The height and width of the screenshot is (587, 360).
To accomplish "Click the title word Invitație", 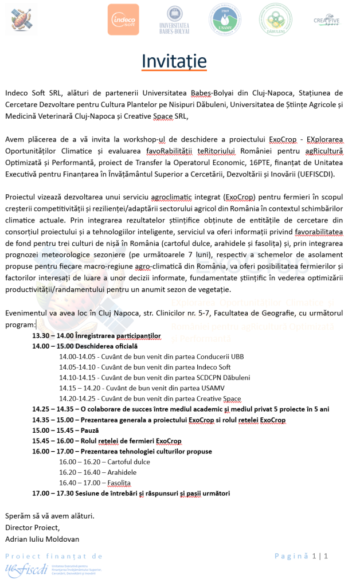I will pos(174,61).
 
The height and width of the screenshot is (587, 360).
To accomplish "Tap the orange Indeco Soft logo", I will pos(123,19).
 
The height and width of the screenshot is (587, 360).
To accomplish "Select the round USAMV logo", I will pos(225,19).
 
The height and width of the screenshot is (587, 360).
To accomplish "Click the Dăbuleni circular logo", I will pos(275,19).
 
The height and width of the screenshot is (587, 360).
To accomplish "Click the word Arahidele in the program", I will pos(122,472).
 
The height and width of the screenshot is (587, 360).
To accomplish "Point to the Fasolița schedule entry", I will pos(119,483).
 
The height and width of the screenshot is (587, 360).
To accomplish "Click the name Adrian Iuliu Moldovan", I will pos(42,539).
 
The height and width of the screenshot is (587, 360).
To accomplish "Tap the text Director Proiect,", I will pos(32,527).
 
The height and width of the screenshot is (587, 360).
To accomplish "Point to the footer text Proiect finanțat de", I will pos(54,556).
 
